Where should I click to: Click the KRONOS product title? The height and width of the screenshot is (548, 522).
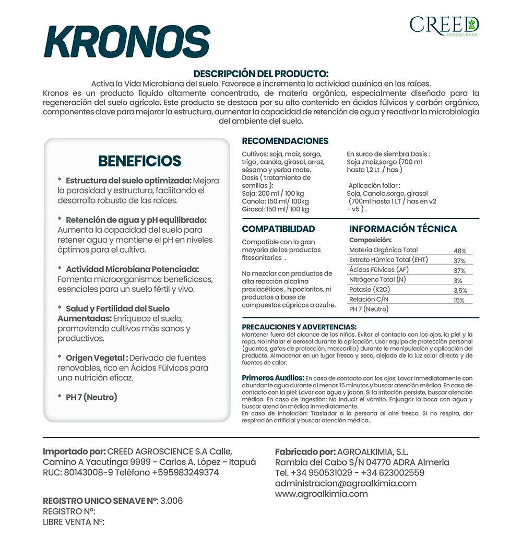point(127,41)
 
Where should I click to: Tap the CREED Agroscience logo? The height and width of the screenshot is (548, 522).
point(444,25)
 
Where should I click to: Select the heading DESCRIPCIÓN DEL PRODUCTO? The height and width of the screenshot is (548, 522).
point(261,74)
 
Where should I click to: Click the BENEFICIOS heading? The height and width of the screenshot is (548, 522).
point(139,161)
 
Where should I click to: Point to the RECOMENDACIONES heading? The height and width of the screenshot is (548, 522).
point(285,141)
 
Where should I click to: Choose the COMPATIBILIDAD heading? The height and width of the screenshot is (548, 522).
point(278,229)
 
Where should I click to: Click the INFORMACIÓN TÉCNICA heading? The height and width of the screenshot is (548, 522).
point(402,229)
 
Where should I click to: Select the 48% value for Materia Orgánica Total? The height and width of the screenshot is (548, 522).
point(459,251)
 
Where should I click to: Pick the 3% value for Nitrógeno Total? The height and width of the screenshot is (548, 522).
point(458,281)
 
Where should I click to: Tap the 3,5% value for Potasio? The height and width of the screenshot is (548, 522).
point(460,291)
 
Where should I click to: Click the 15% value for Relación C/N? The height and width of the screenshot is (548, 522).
point(459,301)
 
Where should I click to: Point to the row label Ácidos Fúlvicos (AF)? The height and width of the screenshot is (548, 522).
point(379,270)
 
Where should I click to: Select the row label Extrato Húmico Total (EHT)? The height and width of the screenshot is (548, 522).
point(388,260)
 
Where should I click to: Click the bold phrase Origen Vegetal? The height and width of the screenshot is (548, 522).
point(97,358)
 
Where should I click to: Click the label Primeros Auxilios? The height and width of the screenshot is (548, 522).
point(273,377)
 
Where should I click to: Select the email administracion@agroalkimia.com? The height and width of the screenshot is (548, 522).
point(346,483)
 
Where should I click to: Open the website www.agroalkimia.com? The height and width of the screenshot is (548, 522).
point(321,494)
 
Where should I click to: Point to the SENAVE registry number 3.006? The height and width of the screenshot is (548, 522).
point(172,501)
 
